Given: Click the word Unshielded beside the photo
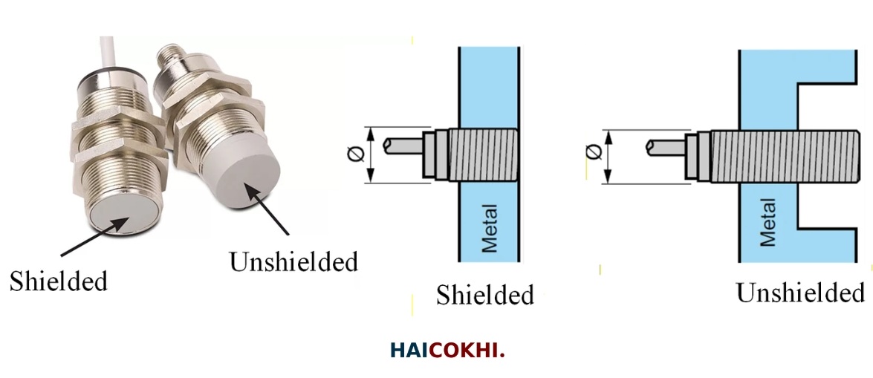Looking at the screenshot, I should click(x=293, y=261).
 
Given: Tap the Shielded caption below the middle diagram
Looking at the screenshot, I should click(x=484, y=294).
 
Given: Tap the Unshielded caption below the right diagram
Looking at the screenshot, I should click(x=800, y=293).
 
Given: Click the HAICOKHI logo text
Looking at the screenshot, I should click(x=447, y=351).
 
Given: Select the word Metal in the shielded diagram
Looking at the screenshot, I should click(x=490, y=227).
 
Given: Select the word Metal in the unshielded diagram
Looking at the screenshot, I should click(x=767, y=222).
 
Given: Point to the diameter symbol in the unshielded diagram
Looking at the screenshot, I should click(x=592, y=151).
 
